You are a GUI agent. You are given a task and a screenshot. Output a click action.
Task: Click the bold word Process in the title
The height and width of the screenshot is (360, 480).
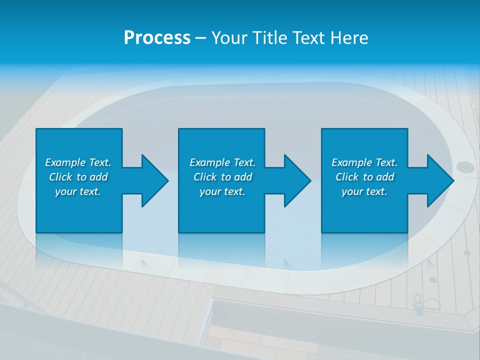click(x=157, y=38)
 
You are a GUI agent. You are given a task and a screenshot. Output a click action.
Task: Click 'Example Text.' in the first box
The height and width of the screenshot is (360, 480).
click(x=78, y=162)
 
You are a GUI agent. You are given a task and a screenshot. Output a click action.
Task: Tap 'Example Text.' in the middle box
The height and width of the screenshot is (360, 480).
click(x=222, y=162)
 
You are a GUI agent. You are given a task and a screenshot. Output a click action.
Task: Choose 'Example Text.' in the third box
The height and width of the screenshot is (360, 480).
click(x=364, y=162)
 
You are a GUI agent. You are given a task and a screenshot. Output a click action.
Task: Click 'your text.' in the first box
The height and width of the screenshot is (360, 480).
click(x=78, y=192)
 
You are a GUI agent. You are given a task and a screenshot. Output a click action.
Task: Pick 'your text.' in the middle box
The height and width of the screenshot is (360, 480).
click(x=222, y=192)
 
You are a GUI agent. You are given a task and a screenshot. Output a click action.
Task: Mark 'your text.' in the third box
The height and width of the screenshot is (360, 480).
click(x=364, y=192)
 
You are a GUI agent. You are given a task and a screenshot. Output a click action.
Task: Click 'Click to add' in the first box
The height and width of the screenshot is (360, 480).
click(x=78, y=177)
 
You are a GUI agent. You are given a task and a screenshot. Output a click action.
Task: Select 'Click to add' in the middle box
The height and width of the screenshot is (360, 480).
click(x=222, y=177)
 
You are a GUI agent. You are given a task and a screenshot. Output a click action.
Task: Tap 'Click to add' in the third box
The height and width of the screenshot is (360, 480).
click(x=364, y=177)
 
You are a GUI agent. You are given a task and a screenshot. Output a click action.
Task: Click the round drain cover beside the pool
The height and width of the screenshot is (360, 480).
click(x=464, y=167)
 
